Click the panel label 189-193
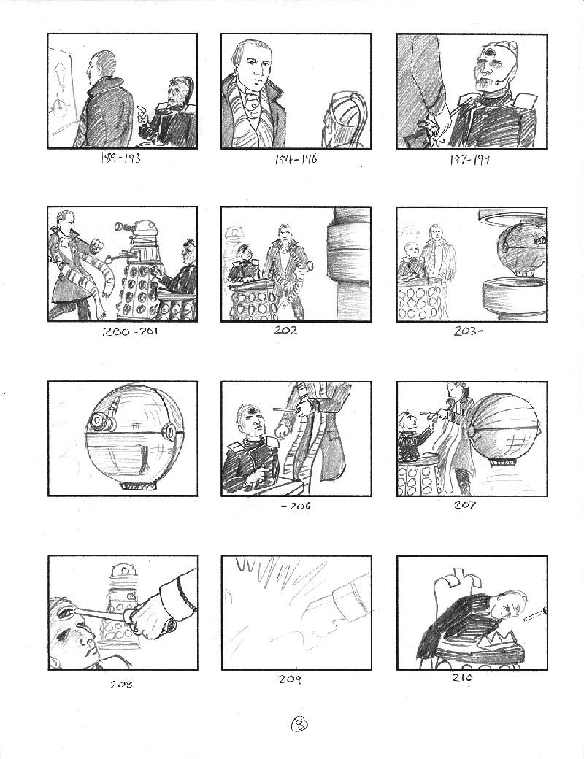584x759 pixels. point(120,158)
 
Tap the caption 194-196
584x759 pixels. point(296,159)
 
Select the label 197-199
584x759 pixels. point(469,159)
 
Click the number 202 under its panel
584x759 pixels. point(285,331)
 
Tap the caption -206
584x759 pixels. point(296,506)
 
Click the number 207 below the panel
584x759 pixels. point(465,505)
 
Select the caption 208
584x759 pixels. point(122,685)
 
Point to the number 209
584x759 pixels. point(290,679)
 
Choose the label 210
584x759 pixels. point(462,678)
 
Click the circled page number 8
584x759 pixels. point(299,723)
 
